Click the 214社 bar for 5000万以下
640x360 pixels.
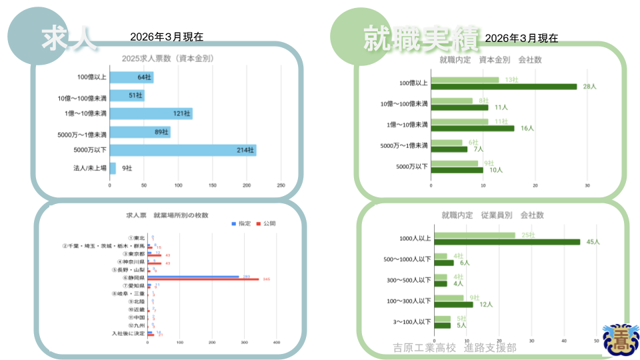tap(183, 150)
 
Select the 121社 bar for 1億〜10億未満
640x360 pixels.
tap(151, 113)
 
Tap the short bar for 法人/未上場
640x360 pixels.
tap(113, 168)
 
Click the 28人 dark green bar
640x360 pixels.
tap(504, 86)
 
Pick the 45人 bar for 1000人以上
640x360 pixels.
tap(505, 241)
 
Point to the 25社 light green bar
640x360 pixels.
tap(473, 235)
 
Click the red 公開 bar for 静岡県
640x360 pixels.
tap(203, 279)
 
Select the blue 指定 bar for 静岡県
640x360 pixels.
tap(193, 276)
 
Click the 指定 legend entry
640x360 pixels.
tap(241, 223)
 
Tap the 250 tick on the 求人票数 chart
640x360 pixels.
tap(281, 185)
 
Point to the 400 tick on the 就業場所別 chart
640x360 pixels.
tap(276, 343)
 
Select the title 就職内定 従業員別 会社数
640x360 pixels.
tap(492, 215)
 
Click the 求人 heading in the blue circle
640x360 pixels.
tap(67, 38)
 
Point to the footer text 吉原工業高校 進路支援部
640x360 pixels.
tap(455, 348)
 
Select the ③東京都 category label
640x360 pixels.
tap(133, 254)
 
